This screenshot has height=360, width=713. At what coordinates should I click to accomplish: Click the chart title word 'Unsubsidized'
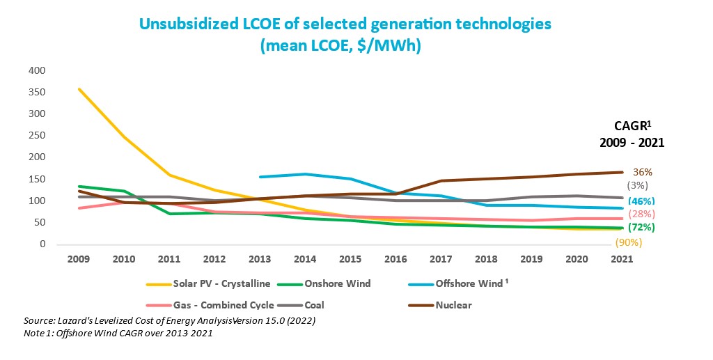click(x=191, y=24)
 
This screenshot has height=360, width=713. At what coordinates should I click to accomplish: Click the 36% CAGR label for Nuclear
click(x=643, y=172)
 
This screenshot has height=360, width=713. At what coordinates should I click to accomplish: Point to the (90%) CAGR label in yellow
click(x=627, y=242)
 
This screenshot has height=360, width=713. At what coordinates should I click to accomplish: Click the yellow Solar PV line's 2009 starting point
click(x=79, y=88)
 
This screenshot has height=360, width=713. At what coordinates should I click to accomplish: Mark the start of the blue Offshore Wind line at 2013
click(x=259, y=177)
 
